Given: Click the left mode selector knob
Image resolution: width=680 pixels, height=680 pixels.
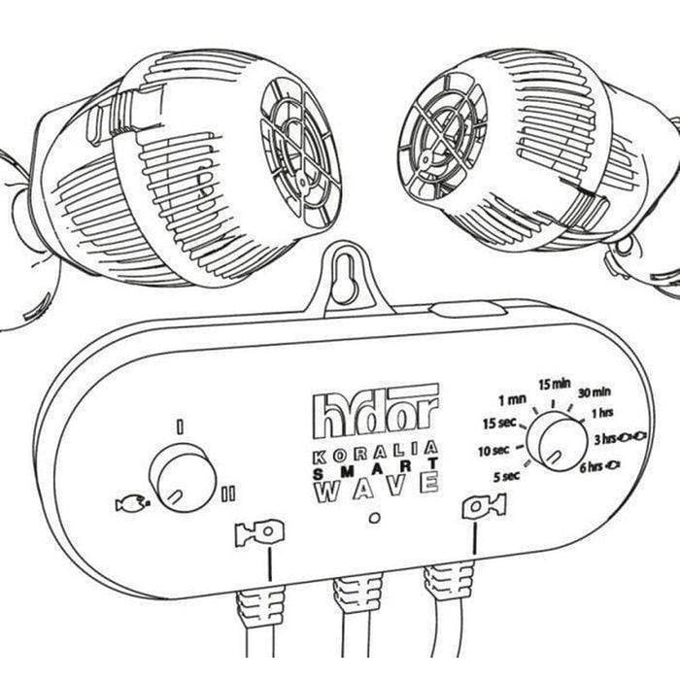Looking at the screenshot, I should (x=184, y=477).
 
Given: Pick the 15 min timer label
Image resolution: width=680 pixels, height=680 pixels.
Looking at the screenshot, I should (x=553, y=384).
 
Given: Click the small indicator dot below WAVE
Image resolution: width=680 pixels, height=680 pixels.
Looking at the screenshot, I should (x=376, y=517).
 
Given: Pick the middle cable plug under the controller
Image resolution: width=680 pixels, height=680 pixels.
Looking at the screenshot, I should (x=354, y=597).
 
